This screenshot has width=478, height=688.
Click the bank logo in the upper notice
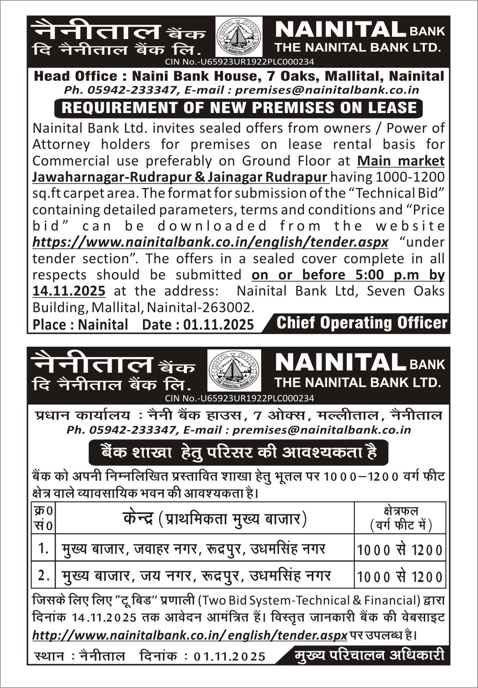tap(239, 37)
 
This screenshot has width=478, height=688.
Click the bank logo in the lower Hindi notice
tap(234, 370)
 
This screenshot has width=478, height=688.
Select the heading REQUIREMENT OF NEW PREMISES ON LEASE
tap(239, 108)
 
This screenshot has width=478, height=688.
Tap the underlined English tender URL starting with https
tap(210, 243)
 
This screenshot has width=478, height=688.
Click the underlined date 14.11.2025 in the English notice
tap(69, 291)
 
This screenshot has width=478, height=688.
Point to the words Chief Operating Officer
tap(362, 323)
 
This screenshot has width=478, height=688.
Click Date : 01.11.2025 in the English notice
tap(198, 324)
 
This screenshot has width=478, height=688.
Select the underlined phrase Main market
tap(400, 161)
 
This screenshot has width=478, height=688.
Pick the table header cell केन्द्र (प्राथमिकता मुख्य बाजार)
tap(214, 518)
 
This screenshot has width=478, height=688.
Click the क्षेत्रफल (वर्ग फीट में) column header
tap(400, 518)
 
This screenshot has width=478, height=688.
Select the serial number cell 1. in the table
tap(43, 548)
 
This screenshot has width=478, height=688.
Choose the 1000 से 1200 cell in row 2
tap(400, 577)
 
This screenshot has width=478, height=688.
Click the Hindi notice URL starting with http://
tap(190, 635)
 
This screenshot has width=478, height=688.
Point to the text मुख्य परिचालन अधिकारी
tap(369, 655)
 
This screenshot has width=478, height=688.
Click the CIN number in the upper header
tap(239, 62)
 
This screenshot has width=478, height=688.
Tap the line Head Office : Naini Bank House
tap(239, 76)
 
